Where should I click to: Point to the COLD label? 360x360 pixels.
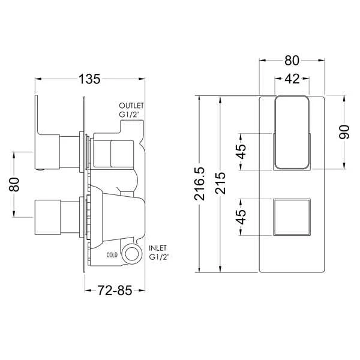pos(112,254)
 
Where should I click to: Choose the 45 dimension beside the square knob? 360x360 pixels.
pos(241,217)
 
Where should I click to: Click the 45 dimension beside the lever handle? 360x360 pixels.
pos(241,151)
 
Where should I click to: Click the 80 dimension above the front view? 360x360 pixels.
pos(292,60)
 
